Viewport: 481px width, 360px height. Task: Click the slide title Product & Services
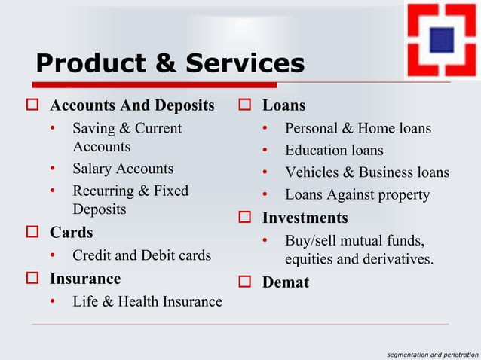(170, 63)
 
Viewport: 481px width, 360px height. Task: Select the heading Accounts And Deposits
(132, 104)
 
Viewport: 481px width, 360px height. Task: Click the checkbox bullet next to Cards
(32, 232)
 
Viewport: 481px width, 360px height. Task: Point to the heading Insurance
(85, 279)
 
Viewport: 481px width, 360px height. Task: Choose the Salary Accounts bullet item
(123, 169)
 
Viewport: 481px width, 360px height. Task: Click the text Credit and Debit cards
(142, 255)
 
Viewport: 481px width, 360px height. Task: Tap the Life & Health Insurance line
(147, 302)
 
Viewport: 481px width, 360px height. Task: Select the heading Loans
(283, 105)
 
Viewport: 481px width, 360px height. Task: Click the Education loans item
(334, 151)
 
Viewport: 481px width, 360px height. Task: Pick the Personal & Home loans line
(358, 128)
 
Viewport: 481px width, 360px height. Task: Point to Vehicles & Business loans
(366, 172)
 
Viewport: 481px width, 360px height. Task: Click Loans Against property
(357, 195)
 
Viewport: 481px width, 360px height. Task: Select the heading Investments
(305, 218)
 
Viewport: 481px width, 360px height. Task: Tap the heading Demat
(285, 283)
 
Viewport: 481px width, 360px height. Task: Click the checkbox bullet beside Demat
(244, 283)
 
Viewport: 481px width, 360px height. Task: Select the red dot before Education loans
(265, 151)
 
